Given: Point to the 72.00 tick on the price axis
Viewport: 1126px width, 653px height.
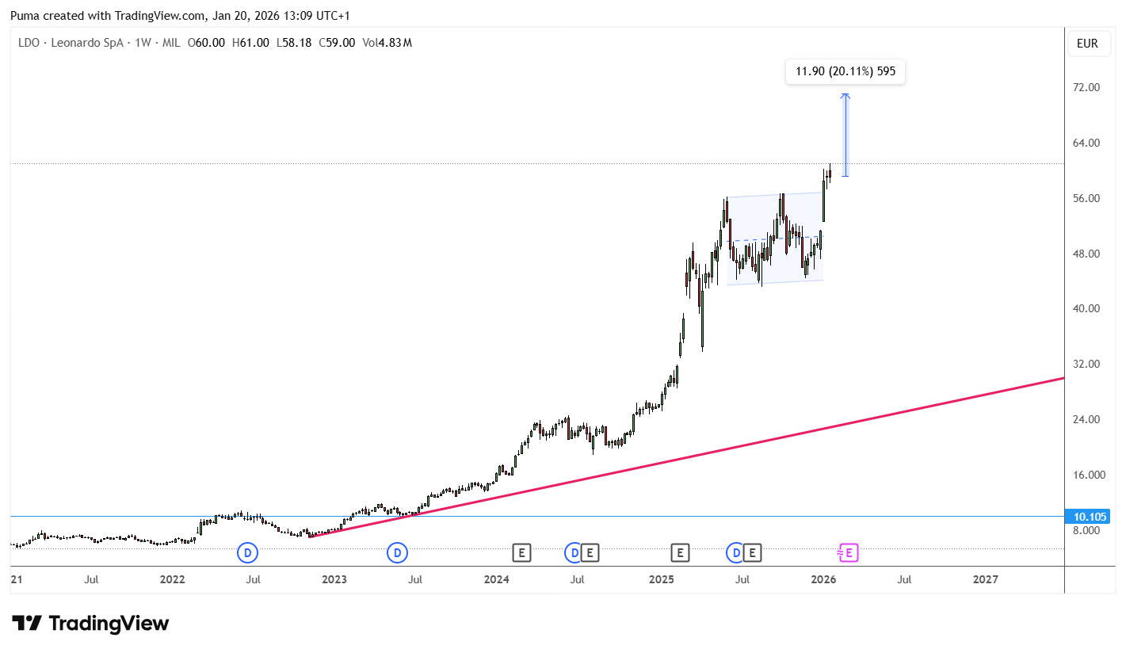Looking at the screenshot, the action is pos(1086,87).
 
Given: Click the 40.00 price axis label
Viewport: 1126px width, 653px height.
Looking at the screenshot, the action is pos(1086,308).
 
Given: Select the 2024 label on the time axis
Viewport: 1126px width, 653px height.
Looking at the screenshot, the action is pos(496,579).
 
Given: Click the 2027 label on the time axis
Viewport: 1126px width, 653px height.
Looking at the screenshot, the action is pos(985,579).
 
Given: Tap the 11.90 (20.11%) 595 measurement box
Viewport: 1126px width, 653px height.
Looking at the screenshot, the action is pos(845,71).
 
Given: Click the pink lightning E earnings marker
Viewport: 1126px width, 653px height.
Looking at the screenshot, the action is pos(848,553).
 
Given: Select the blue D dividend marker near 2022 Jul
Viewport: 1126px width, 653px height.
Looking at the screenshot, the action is pos(247,553).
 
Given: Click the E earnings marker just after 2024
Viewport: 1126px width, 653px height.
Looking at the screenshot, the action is pos(521,553).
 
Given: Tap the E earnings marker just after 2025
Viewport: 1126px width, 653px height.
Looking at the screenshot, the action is pos(680,553).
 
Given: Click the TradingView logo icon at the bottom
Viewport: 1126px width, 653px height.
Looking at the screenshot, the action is pos(27,624).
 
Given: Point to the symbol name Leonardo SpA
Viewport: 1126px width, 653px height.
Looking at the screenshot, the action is pos(87,43).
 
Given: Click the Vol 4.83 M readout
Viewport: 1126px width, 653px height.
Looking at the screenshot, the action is pos(387,43).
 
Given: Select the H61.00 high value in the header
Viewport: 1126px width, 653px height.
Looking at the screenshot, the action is pos(250,43).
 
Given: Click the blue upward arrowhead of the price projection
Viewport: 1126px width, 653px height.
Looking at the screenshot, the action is pos(845,96).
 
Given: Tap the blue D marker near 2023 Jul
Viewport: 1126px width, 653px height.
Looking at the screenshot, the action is pos(397,553).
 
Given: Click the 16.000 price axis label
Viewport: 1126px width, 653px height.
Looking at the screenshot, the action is pos(1089,475).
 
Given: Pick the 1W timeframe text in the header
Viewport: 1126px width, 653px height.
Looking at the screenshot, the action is pos(143,43).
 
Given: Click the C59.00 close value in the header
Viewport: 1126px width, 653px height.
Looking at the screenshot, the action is pos(337,43).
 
